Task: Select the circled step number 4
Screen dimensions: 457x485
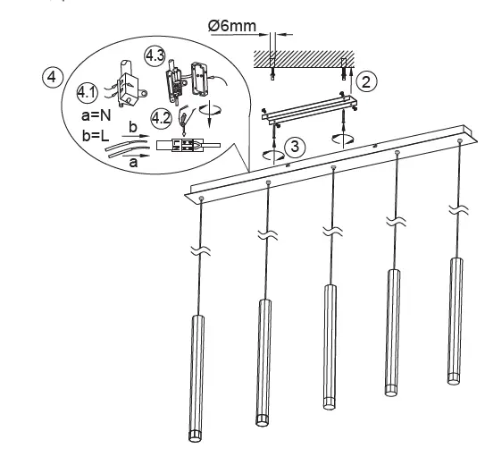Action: pyautogui.click(x=54, y=77)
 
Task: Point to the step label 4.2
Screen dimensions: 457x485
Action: pyautogui.click(x=161, y=117)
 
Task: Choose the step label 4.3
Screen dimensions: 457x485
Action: pyautogui.click(x=154, y=55)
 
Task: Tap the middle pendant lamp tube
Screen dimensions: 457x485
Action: pyautogui.click(x=328, y=344)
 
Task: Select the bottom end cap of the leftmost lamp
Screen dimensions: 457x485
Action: pyautogui.click(x=197, y=436)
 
